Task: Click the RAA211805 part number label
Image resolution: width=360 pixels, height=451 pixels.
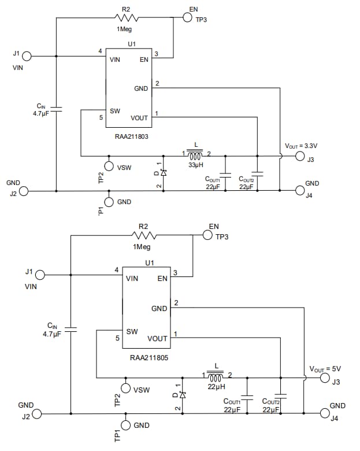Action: tap(149, 358)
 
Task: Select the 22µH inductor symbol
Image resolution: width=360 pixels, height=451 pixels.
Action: tap(216, 377)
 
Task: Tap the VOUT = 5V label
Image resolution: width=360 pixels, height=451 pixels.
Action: tap(325, 368)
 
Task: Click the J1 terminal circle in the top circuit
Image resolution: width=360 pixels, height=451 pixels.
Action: tap(27, 56)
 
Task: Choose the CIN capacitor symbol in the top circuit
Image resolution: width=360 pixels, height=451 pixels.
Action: tap(56, 108)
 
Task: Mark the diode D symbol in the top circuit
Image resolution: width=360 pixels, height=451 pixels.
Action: tap(164, 173)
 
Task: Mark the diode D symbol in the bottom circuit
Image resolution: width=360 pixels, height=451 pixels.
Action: tap(183, 395)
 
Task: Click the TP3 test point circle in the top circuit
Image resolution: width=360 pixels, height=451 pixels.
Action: tap(187, 18)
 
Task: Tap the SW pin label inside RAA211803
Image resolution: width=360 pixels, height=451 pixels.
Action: tap(114, 110)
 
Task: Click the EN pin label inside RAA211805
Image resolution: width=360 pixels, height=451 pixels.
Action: tap(162, 278)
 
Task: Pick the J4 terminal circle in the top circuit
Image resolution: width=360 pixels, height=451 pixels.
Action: tap(299, 190)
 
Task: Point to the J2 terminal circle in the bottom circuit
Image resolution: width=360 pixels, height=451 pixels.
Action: tap(38, 414)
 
